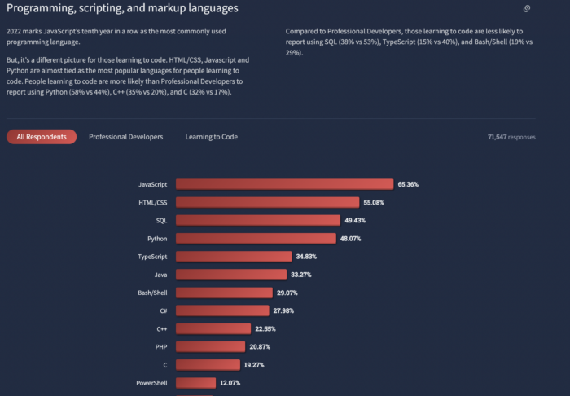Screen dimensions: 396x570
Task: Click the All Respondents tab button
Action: (x=42, y=137)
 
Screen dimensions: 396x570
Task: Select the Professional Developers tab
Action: (x=125, y=137)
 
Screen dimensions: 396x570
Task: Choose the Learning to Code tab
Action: (x=211, y=137)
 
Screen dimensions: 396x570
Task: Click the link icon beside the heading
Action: (x=527, y=9)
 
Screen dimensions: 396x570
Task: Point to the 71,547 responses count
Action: (x=511, y=137)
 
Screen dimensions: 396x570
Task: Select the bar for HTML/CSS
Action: (x=267, y=202)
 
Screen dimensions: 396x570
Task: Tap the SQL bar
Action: (x=257, y=220)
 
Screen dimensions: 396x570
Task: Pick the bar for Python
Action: (x=256, y=238)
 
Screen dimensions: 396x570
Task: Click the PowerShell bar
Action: (x=195, y=382)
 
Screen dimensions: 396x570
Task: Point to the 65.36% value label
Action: (x=408, y=184)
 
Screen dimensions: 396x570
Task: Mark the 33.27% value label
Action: (x=300, y=275)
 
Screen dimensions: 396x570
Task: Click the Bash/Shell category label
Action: (x=153, y=293)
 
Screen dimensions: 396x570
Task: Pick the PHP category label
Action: (x=160, y=346)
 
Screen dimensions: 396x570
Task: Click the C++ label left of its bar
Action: (x=161, y=328)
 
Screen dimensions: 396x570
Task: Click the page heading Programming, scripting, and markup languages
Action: (x=122, y=9)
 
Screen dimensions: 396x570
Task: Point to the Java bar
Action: (x=231, y=275)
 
